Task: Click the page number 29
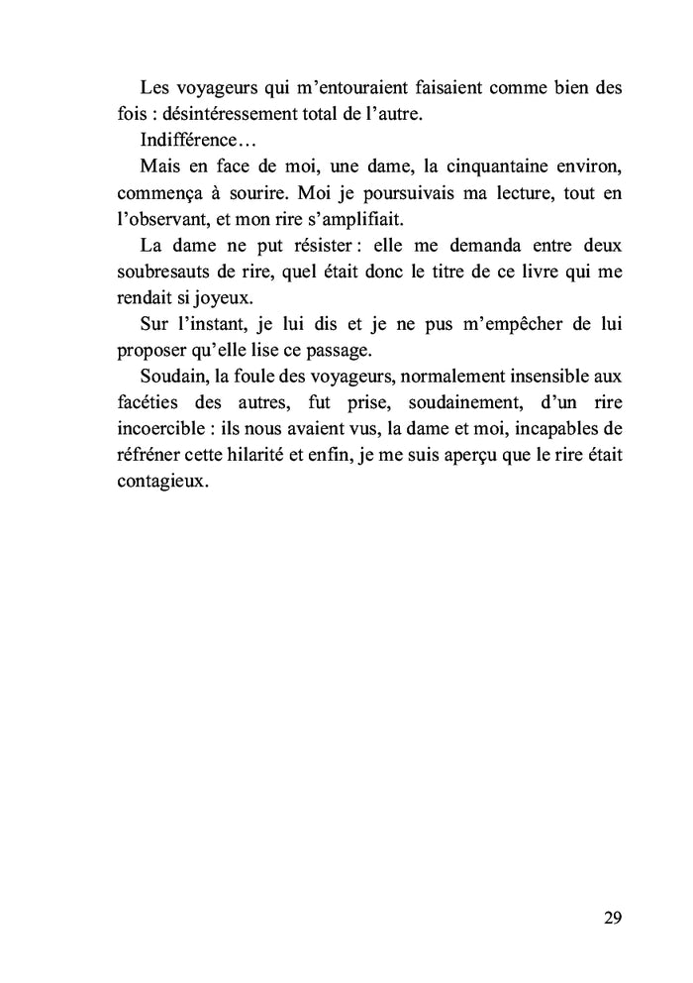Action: (x=612, y=918)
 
